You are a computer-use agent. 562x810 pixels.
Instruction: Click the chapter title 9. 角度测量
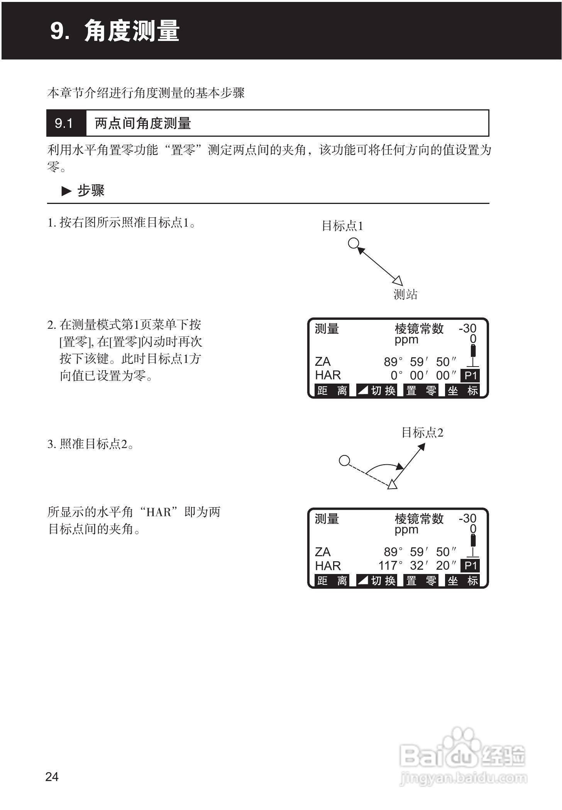pos(115,31)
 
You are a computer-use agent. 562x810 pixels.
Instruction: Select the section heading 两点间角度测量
pos(143,124)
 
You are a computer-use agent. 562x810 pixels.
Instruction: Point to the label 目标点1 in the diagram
pos(342,226)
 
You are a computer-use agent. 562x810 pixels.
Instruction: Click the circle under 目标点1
pos(353,243)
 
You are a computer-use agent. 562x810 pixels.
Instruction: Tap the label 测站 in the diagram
pos(405,295)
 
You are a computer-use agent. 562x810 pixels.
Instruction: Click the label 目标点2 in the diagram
pos(422,433)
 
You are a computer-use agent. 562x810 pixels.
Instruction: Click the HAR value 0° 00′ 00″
pos(423,375)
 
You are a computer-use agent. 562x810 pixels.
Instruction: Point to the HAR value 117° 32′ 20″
pos(417,566)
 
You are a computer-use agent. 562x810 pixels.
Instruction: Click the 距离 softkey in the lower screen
pos(332,581)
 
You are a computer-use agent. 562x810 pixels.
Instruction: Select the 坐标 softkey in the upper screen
pos(463,391)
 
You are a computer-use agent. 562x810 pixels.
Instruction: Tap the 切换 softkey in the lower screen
pos(377,581)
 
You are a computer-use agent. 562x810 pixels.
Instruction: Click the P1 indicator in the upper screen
pos(471,375)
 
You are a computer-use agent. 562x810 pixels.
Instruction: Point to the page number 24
pos(52,777)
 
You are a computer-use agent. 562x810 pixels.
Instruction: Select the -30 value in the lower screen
pos(467,518)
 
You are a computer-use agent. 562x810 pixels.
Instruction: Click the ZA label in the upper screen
pos(323,362)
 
